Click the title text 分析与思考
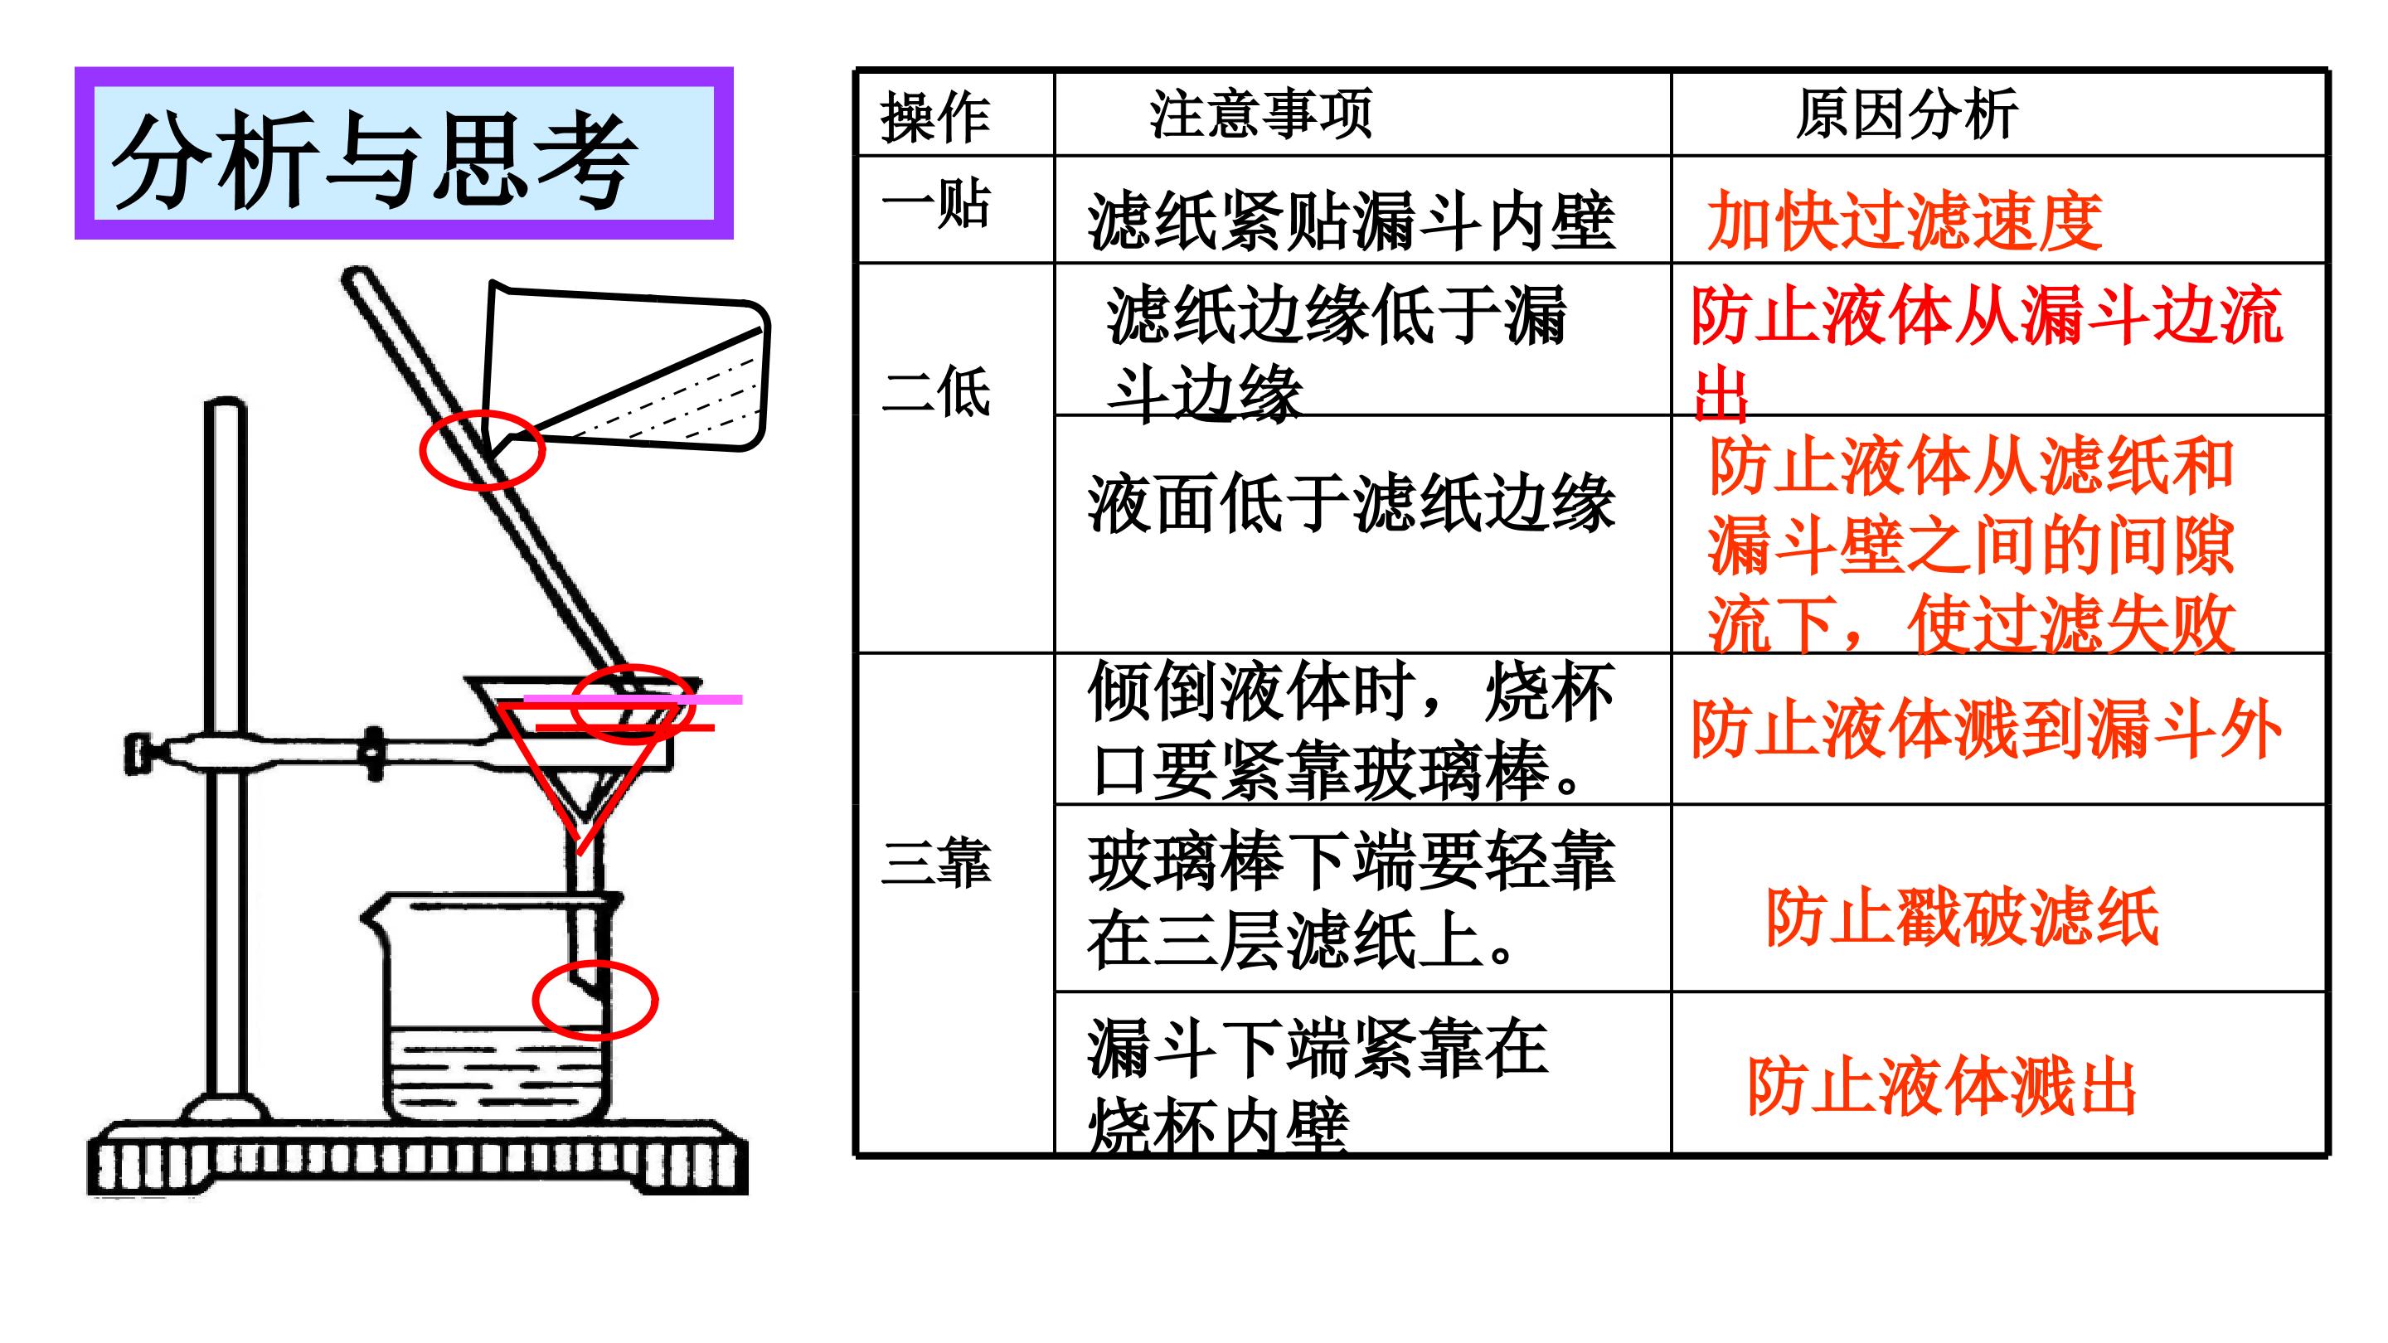[375, 158]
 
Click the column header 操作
[935, 118]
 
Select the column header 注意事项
[1260, 114]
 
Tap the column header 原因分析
[1907, 114]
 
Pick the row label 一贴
[935, 203]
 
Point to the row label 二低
[935, 390]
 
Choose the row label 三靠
[935, 862]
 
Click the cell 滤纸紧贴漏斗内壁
[1352, 221]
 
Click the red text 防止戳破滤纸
[1963, 918]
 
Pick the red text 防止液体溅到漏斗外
[1987, 730]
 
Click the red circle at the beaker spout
[420, 449]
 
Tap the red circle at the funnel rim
[571, 705]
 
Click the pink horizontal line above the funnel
[633, 700]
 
